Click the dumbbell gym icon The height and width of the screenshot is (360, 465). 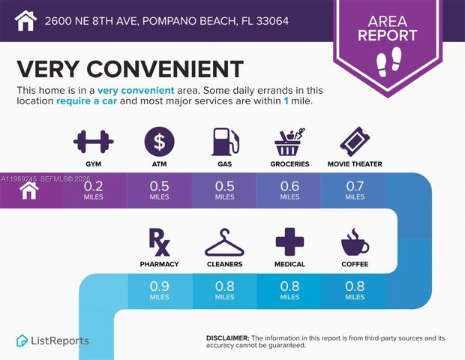tap(94, 140)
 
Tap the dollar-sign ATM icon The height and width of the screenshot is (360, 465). tap(159, 140)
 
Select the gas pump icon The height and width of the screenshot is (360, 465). tap(223, 140)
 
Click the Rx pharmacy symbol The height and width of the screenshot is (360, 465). tap(159, 241)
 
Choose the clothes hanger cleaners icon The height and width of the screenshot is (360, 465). tap(223, 242)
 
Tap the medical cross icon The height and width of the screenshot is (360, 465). tap(289, 241)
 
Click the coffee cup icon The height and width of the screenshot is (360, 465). tap(354, 242)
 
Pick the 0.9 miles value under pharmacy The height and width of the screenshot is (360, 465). tap(159, 287)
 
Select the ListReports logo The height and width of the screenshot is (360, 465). tap(52, 340)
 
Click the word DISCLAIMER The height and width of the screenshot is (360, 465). tap(227, 338)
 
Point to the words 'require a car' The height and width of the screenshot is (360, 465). tap(85, 100)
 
